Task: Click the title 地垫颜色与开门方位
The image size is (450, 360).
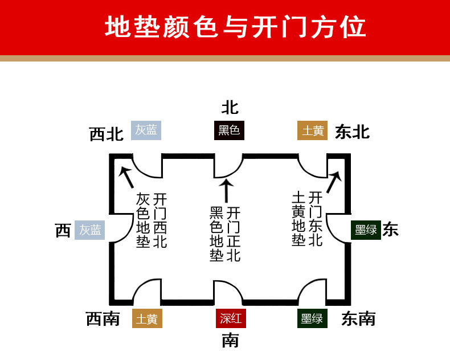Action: point(235,27)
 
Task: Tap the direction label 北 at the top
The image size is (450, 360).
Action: point(230,107)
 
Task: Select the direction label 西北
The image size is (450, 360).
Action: point(107,134)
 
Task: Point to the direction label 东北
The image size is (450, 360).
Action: point(352,132)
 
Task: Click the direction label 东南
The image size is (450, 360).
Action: point(358,319)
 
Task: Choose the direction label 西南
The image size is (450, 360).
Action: point(103,319)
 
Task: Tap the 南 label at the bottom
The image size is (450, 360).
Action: point(230,341)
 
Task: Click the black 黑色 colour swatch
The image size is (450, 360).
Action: point(230,131)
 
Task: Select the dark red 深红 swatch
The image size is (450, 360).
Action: point(231,319)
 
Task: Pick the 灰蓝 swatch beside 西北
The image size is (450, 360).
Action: point(146,130)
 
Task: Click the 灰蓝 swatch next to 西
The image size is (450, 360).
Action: point(90,230)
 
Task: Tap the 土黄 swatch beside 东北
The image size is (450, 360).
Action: point(313,131)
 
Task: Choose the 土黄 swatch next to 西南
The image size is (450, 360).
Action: point(147,319)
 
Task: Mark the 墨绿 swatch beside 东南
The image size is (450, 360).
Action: point(312,319)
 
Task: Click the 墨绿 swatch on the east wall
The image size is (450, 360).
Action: point(366,230)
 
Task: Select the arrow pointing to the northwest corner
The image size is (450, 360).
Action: point(126,176)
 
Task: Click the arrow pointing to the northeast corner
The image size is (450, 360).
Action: point(334,182)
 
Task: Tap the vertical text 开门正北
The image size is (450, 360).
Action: point(234,234)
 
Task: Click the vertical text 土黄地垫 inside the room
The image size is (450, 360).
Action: point(298,219)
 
